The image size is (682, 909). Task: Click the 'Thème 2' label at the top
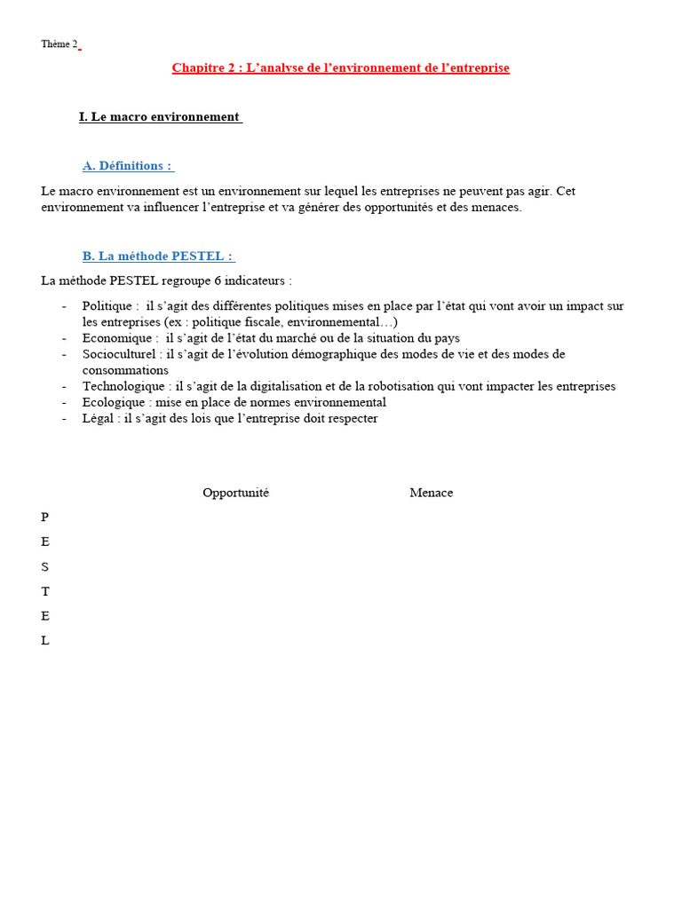coord(59,44)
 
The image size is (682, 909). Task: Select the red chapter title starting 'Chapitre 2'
coord(340,67)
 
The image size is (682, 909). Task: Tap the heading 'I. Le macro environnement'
coord(160,116)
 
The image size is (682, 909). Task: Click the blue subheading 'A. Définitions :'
coord(128,166)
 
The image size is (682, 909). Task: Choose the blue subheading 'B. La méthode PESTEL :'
coord(158,256)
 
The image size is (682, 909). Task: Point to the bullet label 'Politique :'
coord(110,306)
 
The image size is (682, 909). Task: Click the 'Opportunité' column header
coord(235,493)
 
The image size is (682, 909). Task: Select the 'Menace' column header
coord(431,493)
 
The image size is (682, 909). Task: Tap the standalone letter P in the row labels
coord(45,517)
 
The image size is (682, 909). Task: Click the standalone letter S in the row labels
coord(45,566)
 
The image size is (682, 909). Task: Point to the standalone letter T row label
coord(45,591)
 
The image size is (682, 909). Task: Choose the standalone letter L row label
coord(45,641)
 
